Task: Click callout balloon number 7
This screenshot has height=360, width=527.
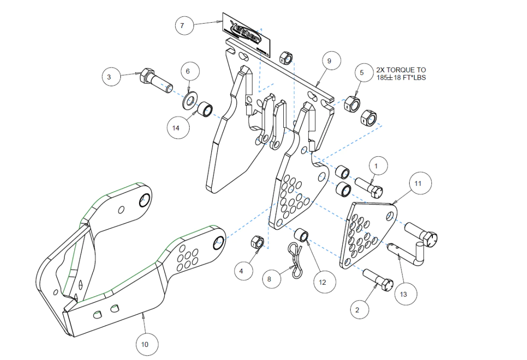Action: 182,26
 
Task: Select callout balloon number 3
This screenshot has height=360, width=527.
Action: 110,76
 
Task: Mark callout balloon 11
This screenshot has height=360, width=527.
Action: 418,184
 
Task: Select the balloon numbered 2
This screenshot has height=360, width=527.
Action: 357,310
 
